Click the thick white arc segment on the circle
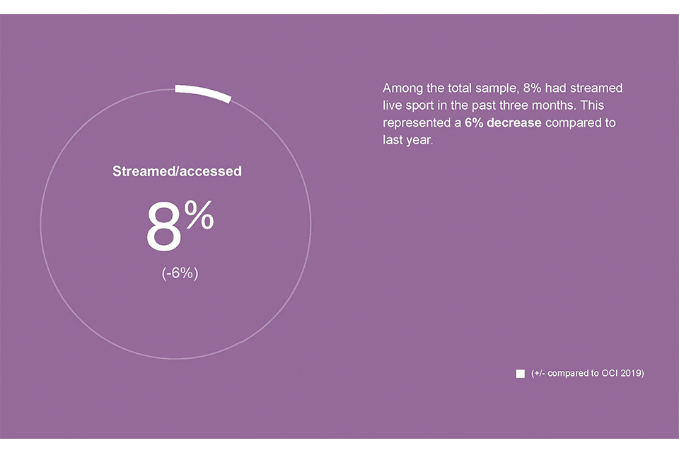pos(203,93)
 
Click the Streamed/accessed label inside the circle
pos(177,171)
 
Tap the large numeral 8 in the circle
pos(163,226)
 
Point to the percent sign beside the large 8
pos(199,214)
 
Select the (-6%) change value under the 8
pos(180,273)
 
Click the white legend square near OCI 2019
pos(521,374)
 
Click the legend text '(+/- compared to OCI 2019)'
pos(588,373)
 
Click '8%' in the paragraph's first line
pos(532,88)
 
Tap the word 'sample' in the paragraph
pos(497,89)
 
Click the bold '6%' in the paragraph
pos(474,122)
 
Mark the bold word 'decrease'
pos(514,122)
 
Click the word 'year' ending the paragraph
pos(419,140)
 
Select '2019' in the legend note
pos(632,373)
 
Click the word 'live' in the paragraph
pos(392,105)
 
